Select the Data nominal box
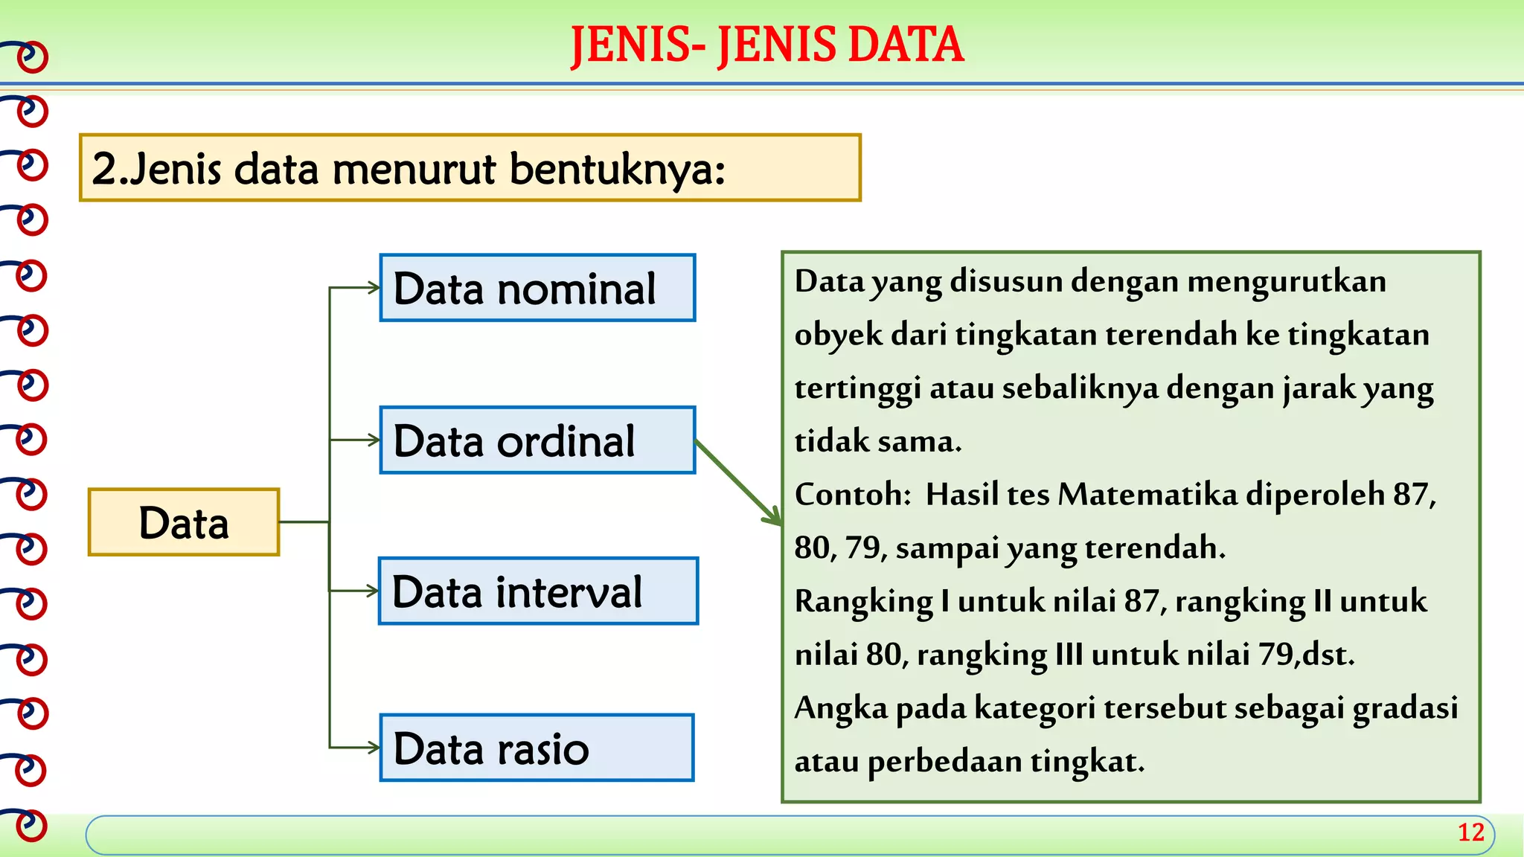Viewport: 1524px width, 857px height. pos(537,288)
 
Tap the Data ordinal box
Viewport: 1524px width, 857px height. pos(537,440)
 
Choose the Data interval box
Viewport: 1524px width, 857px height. pos(538,591)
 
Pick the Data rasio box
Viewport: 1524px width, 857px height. pos(537,748)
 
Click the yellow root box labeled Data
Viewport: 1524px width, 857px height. pos(184,522)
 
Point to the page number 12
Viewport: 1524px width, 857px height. pos(1470,832)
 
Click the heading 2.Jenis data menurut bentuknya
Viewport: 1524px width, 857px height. pos(470,168)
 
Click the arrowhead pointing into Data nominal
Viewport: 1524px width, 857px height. pos(374,288)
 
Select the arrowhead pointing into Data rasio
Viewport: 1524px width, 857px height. pos(374,748)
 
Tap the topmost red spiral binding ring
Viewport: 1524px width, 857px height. pos(32,57)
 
